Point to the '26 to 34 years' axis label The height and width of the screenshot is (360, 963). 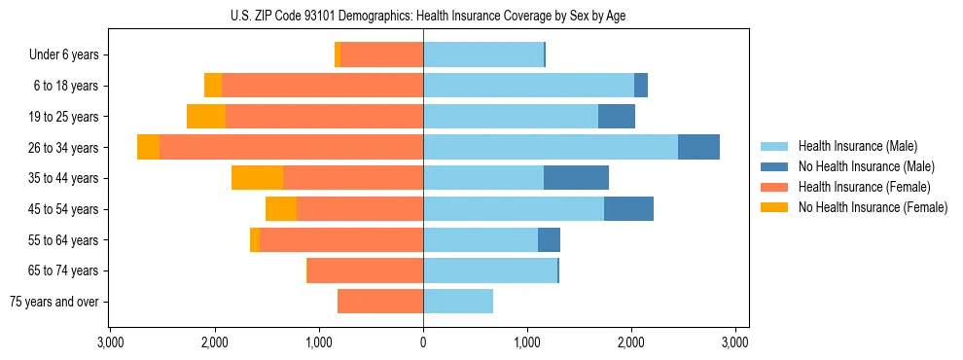(65, 148)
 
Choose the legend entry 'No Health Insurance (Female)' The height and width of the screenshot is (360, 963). (873, 207)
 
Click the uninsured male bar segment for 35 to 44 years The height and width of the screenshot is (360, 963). (576, 178)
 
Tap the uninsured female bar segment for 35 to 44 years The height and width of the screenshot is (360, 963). (257, 178)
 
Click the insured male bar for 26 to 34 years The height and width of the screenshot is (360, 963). (550, 147)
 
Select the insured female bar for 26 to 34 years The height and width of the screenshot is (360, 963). (291, 147)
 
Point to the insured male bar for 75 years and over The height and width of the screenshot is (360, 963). (458, 302)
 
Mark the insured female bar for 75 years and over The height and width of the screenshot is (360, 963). (380, 302)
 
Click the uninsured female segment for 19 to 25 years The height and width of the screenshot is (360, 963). (206, 117)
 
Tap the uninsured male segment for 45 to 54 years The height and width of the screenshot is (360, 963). (628, 209)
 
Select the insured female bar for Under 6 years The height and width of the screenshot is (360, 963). (381, 55)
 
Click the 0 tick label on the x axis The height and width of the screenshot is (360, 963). (423, 342)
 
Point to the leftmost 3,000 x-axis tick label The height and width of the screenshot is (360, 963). (110, 342)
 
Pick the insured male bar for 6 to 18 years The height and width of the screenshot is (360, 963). (528, 86)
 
